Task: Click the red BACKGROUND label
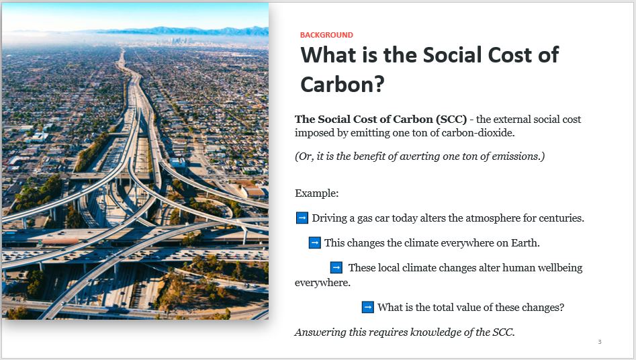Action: (x=326, y=35)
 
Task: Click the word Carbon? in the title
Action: (x=343, y=85)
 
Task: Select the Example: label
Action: (x=317, y=193)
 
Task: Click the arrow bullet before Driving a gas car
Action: (x=302, y=218)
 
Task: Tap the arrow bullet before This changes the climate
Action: (x=315, y=242)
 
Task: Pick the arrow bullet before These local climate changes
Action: (x=336, y=267)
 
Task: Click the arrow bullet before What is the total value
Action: (x=367, y=307)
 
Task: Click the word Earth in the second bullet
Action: (x=525, y=242)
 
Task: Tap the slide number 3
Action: (x=600, y=342)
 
